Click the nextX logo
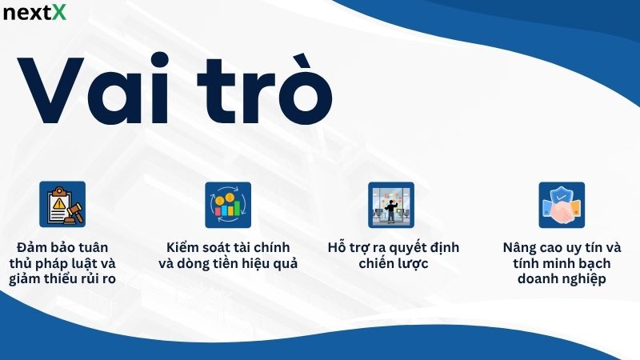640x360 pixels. (x=36, y=14)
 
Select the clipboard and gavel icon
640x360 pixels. (x=62, y=204)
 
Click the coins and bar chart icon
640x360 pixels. (x=227, y=204)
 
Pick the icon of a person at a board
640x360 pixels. (x=391, y=204)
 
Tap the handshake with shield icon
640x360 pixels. (x=561, y=205)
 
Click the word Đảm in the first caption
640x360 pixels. (x=33, y=246)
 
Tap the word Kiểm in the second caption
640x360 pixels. (x=184, y=246)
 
